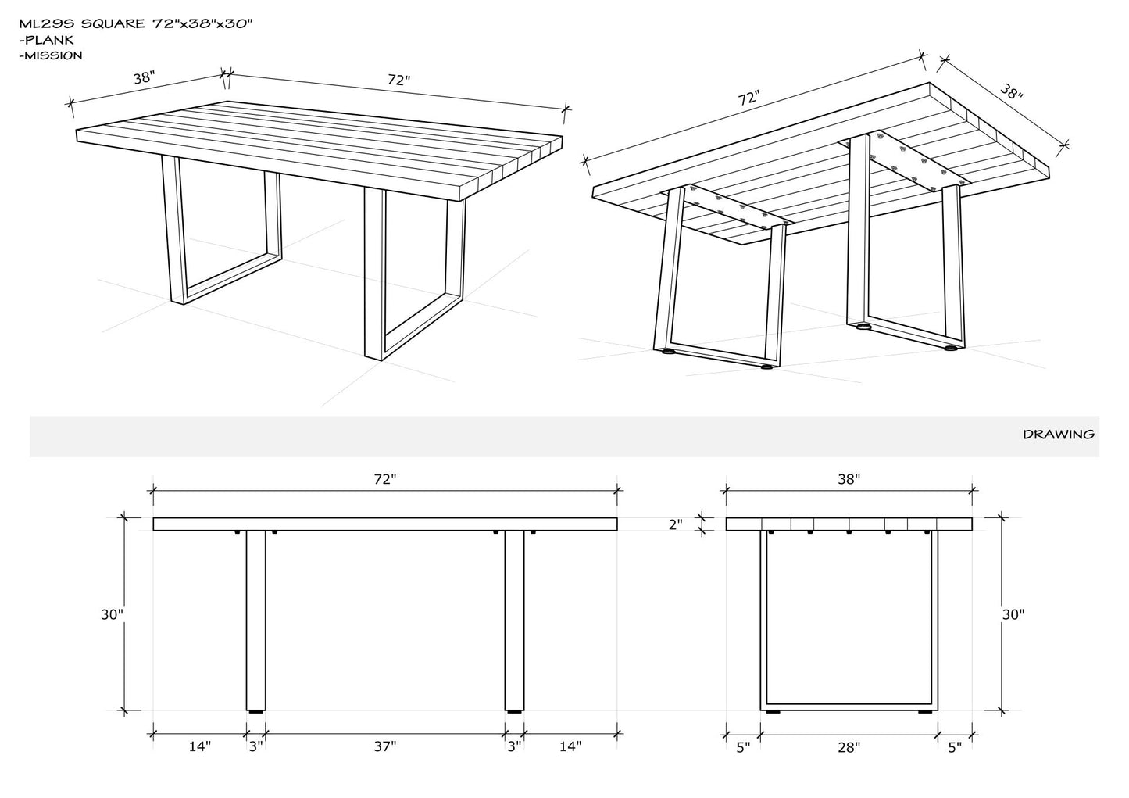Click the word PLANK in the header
coord(49,40)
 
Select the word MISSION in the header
coord(53,55)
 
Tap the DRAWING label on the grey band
coord(1059,435)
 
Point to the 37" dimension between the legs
coord(385,746)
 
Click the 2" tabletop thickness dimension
coord(675,524)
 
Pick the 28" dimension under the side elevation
coord(849,747)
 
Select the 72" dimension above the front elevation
coord(385,479)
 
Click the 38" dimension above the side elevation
coord(849,479)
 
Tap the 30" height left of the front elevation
coord(112,614)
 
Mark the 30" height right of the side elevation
coord(1013,614)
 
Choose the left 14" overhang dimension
coord(199,746)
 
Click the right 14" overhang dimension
coord(570,746)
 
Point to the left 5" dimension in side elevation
coord(744,747)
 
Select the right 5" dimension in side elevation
coord(955,747)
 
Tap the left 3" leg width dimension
coord(256,746)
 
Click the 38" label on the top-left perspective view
coord(144,77)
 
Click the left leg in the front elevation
coord(255,621)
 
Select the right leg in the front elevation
coord(514,621)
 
